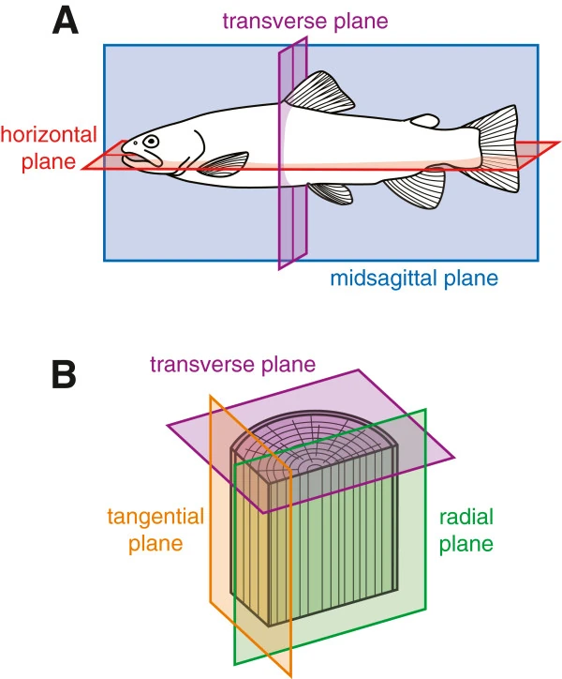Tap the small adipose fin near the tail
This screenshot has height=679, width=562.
(426, 120)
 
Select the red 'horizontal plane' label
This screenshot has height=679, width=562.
(37, 147)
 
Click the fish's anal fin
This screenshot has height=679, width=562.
(412, 189)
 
